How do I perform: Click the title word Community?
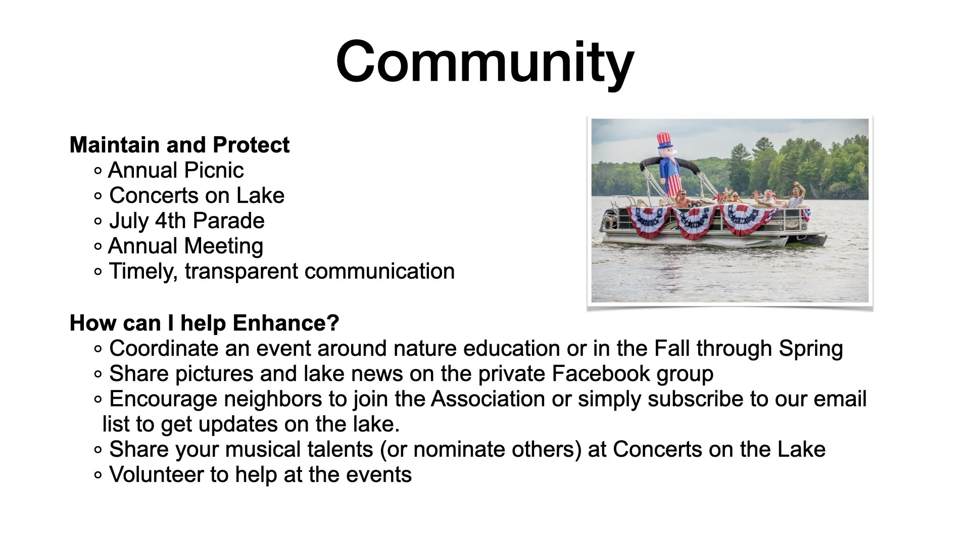click(485, 63)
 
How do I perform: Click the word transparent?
click(241, 271)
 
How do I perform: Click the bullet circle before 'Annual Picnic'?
click(98, 171)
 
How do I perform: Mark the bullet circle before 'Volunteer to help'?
click(98, 475)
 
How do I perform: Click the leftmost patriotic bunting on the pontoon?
click(649, 222)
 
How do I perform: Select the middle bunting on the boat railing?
click(696, 222)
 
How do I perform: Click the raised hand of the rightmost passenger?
click(796, 184)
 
